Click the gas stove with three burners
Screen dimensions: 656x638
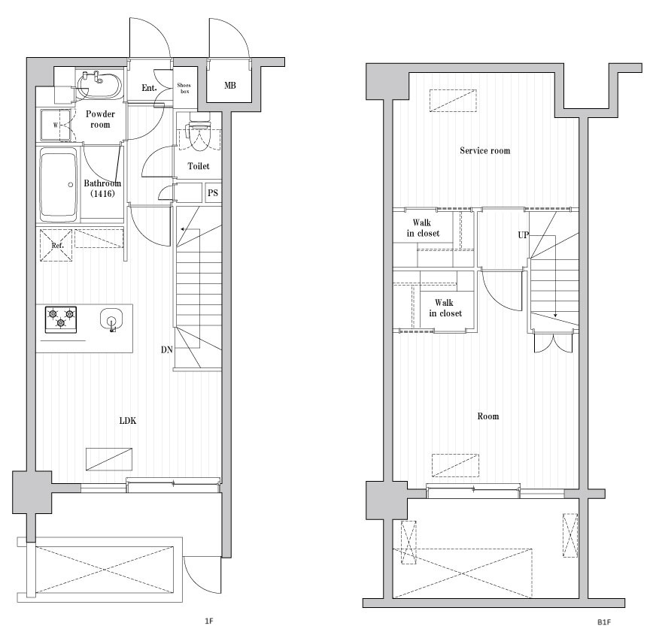coord(61,319)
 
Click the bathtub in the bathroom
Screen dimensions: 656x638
coord(59,185)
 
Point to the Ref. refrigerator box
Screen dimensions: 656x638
coord(56,245)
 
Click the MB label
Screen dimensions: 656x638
coord(229,86)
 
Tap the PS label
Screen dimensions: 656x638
coord(213,193)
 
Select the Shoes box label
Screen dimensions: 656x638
coord(184,88)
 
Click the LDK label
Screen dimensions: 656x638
coord(128,421)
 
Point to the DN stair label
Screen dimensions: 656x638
coord(166,349)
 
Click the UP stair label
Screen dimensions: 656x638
coord(523,235)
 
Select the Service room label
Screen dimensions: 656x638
coord(485,151)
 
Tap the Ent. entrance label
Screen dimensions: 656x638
coord(149,88)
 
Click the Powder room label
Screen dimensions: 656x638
coord(100,119)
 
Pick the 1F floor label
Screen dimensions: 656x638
coord(209,621)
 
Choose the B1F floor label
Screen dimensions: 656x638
coord(603,622)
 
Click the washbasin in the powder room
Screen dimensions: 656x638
coord(99,85)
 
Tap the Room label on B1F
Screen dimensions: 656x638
coord(487,416)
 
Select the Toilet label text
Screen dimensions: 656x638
coord(199,166)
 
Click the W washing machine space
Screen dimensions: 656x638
coord(56,125)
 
